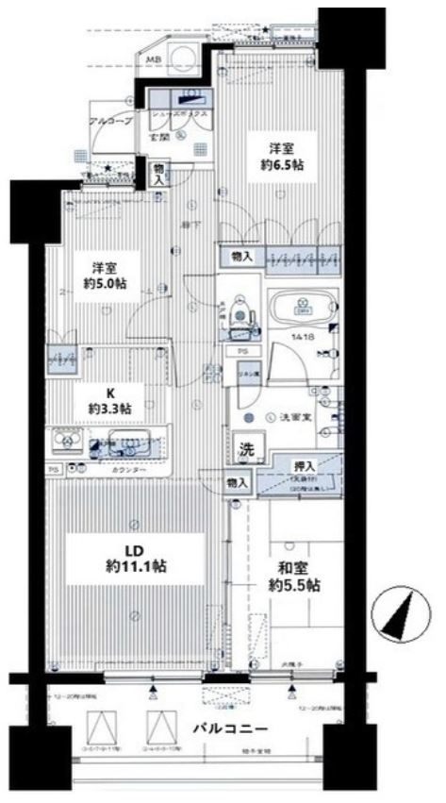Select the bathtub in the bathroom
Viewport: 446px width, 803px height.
click(303, 309)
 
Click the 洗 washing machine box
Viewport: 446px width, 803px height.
click(245, 450)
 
